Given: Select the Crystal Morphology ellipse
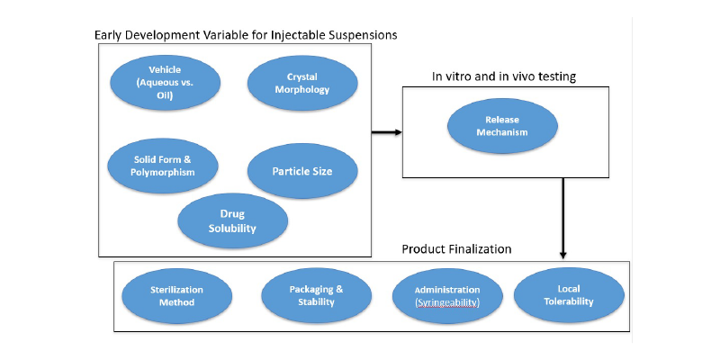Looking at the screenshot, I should click(x=301, y=84).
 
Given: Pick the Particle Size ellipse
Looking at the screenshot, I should click(x=301, y=169).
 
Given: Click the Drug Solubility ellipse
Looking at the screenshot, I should click(x=232, y=220).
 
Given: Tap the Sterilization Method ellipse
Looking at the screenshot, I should click(x=176, y=296).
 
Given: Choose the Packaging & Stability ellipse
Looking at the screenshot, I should click(x=316, y=296).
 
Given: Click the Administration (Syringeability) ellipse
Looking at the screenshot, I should click(x=447, y=296).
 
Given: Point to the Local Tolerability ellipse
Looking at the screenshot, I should click(x=569, y=295).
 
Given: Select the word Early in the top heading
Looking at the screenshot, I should click(x=110, y=35).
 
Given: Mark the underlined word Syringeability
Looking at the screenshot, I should click(x=447, y=303).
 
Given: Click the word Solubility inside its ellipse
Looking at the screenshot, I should click(x=232, y=229).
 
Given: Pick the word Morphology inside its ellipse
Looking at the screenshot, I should click(x=302, y=90).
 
